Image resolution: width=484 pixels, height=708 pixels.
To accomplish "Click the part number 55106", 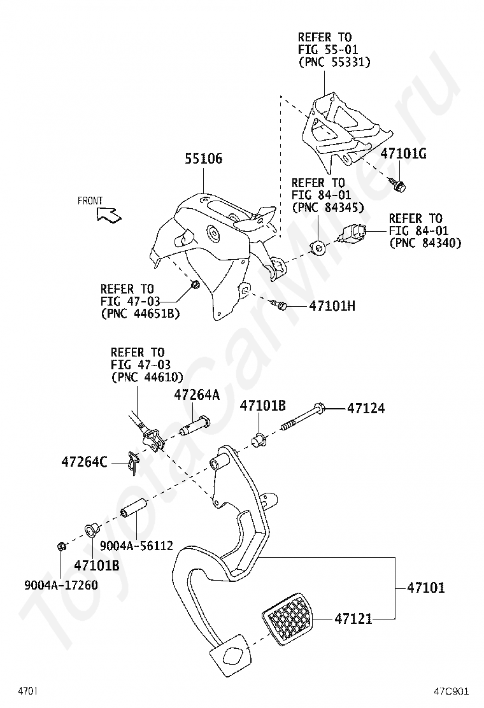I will [x=204, y=159].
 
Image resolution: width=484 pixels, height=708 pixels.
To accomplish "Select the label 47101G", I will [x=404, y=153].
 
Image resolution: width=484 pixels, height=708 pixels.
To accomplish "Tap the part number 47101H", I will [x=332, y=306].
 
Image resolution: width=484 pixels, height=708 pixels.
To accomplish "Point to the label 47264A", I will [x=197, y=395].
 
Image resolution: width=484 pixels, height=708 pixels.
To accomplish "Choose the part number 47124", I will [x=366, y=408].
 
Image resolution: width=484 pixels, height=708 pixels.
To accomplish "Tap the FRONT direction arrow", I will [x=109, y=215].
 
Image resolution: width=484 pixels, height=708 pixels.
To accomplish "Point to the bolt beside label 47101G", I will [x=400, y=185].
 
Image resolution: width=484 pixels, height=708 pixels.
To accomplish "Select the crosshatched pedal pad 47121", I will [x=288, y=617].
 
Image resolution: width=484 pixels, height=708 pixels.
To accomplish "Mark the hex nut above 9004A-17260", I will [x=62, y=545].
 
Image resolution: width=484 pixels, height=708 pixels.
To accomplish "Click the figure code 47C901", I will [x=452, y=691].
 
